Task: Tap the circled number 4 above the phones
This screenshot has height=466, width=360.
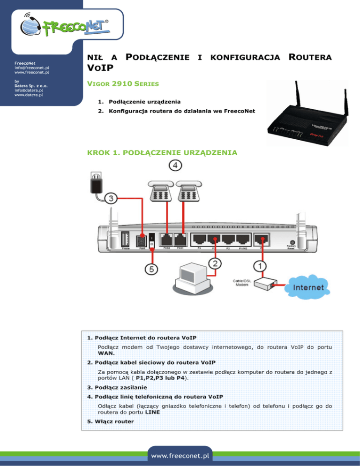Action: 175,165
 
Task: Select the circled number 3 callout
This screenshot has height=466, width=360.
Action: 110,199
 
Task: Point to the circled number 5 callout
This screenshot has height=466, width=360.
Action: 150,270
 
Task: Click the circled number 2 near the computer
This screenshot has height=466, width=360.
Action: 216,263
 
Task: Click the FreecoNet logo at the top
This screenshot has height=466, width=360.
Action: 67,27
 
